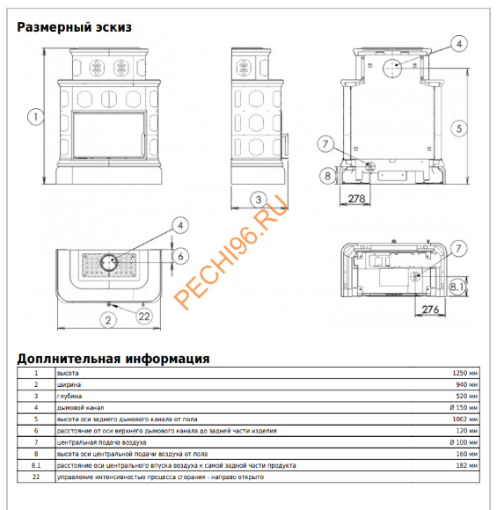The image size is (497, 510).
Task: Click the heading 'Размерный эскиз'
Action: click(x=74, y=27)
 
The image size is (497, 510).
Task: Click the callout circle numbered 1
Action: click(x=35, y=117)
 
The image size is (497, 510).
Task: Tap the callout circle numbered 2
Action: click(x=108, y=320)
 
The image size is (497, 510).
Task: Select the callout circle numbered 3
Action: click(x=259, y=200)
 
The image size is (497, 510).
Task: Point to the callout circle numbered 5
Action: click(x=459, y=128)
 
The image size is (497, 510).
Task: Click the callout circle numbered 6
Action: click(x=180, y=256)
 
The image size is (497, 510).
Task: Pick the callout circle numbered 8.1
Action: click(x=457, y=287)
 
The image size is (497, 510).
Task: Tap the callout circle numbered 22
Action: click(x=144, y=317)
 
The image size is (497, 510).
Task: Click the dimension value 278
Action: click(x=357, y=198)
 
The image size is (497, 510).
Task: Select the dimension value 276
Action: click(x=430, y=309)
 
